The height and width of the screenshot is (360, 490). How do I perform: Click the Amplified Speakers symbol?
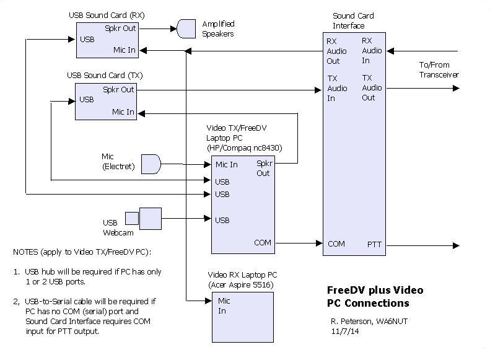[x=186, y=28]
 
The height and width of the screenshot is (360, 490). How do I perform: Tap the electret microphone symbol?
[x=151, y=164]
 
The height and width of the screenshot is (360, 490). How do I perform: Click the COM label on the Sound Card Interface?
[x=336, y=244]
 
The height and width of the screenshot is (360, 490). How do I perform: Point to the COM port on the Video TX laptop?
[x=263, y=243]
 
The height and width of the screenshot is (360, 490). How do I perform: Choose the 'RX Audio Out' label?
[x=333, y=51]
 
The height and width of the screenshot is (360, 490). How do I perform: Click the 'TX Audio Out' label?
[x=369, y=88]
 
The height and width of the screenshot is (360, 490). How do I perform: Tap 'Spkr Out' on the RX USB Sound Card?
[x=120, y=28]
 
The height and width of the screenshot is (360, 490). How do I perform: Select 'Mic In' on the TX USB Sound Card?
[x=123, y=112]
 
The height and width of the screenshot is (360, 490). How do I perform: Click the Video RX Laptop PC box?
[x=242, y=317]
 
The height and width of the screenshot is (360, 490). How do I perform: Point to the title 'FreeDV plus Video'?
[x=375, y=290]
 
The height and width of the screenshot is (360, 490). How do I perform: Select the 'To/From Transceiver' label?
[x=439, y=69]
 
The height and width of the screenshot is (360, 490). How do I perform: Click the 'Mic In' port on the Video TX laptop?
[x=226, y=164]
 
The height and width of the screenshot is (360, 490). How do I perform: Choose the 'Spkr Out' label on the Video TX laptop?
[x=263, y=168]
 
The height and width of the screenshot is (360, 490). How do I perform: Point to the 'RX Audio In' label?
[x=372, y=51]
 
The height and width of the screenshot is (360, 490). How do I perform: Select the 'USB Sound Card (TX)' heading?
[x=105, y=76]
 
